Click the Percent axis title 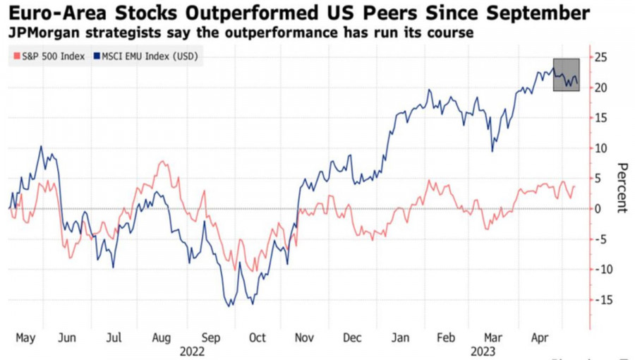point(622,187)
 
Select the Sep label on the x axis point(211,338)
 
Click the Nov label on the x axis point(304,338)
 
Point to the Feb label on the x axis point(446,338)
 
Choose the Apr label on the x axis point(540,338)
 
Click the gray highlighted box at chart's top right point(566,74)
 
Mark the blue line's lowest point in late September point(229,306)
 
